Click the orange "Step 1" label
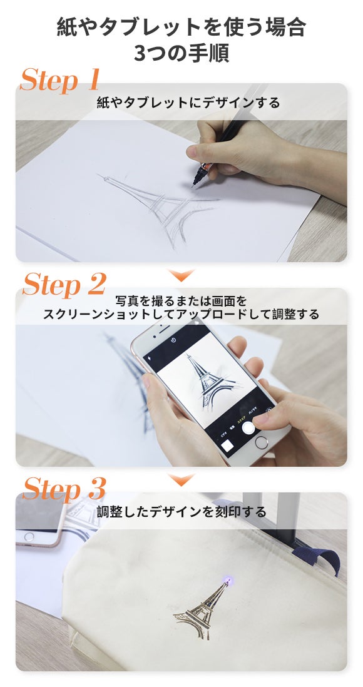tap(59, 79)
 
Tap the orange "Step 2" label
tap(64, 284)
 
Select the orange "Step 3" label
tap(64, 489)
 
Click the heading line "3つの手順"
tap(181, 53)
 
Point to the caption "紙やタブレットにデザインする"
tap(188, 103)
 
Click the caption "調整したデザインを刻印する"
tap(181, 511)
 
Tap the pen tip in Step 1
tap(193, 185)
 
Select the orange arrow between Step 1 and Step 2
tap(181, 275)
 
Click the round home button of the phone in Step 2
tap(261, 442)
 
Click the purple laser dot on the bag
tap(228, 581)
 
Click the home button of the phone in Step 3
tap(29, 536)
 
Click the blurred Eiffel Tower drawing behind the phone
tap(130, 377)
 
